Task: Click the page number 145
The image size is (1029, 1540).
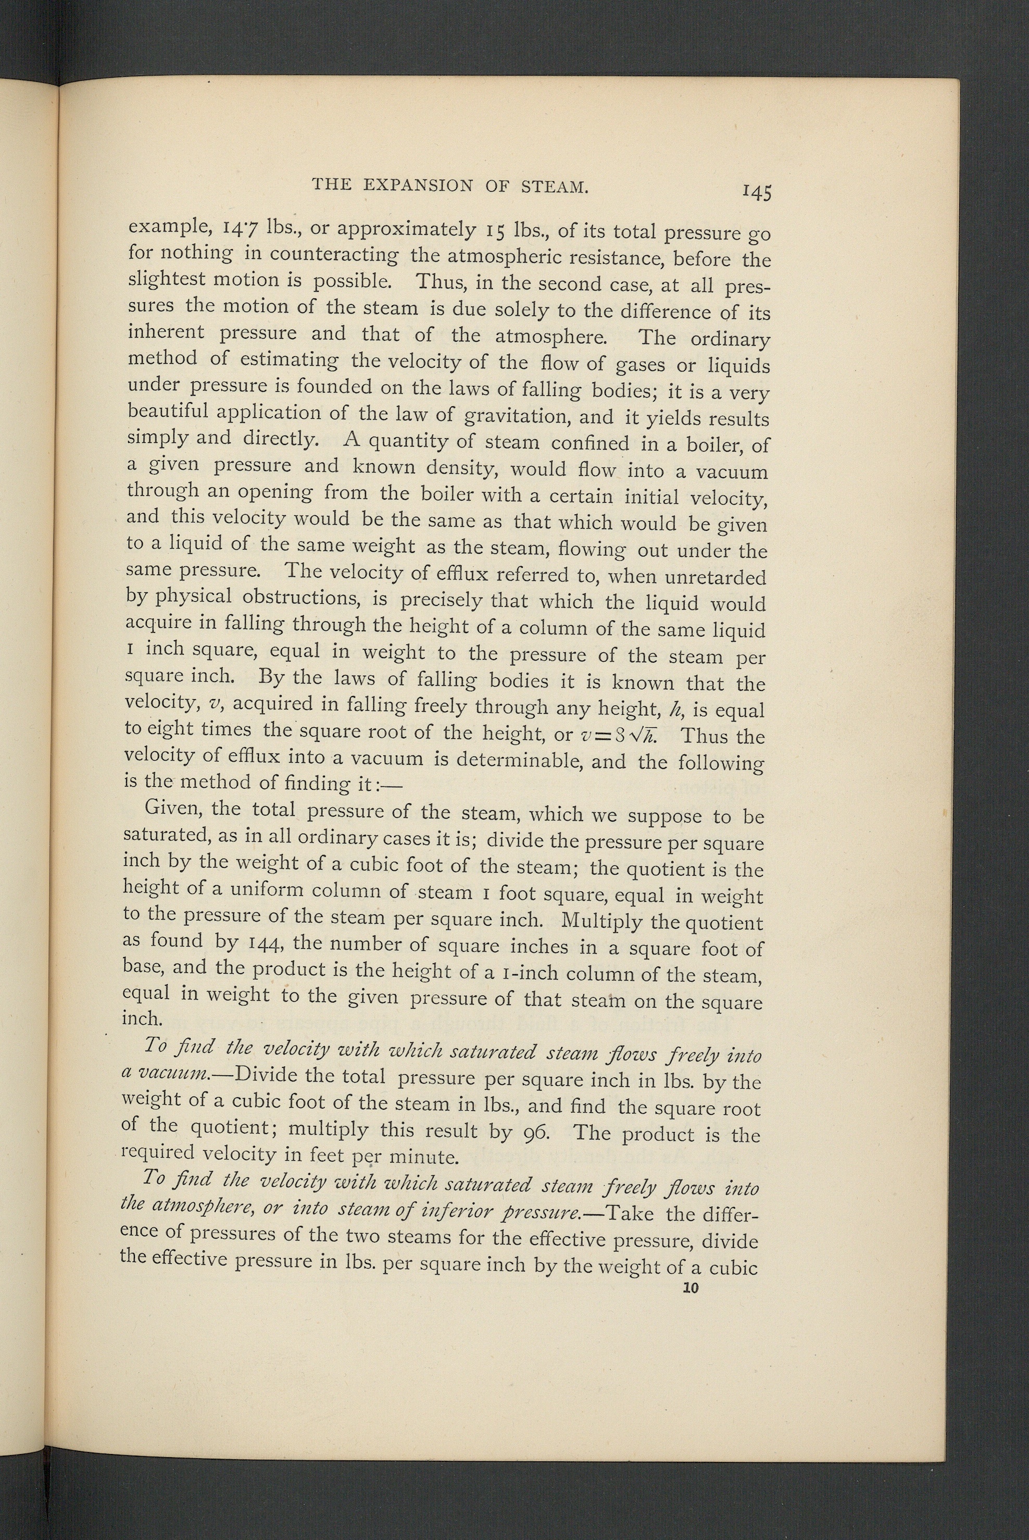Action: (757, 192)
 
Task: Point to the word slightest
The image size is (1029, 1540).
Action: (167, 280)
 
